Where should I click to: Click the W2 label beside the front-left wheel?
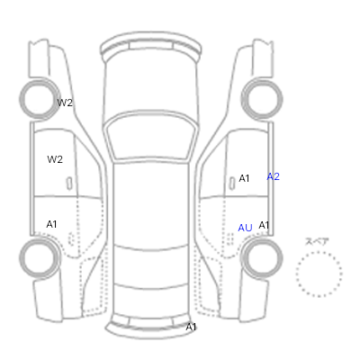65,103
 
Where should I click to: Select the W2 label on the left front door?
55,159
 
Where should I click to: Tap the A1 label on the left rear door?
51,224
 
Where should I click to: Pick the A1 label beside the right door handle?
244,178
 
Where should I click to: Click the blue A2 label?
274,176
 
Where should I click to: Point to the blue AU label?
245,228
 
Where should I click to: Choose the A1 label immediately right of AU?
264,225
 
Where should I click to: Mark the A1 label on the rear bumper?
191,327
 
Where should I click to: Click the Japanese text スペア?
317,241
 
